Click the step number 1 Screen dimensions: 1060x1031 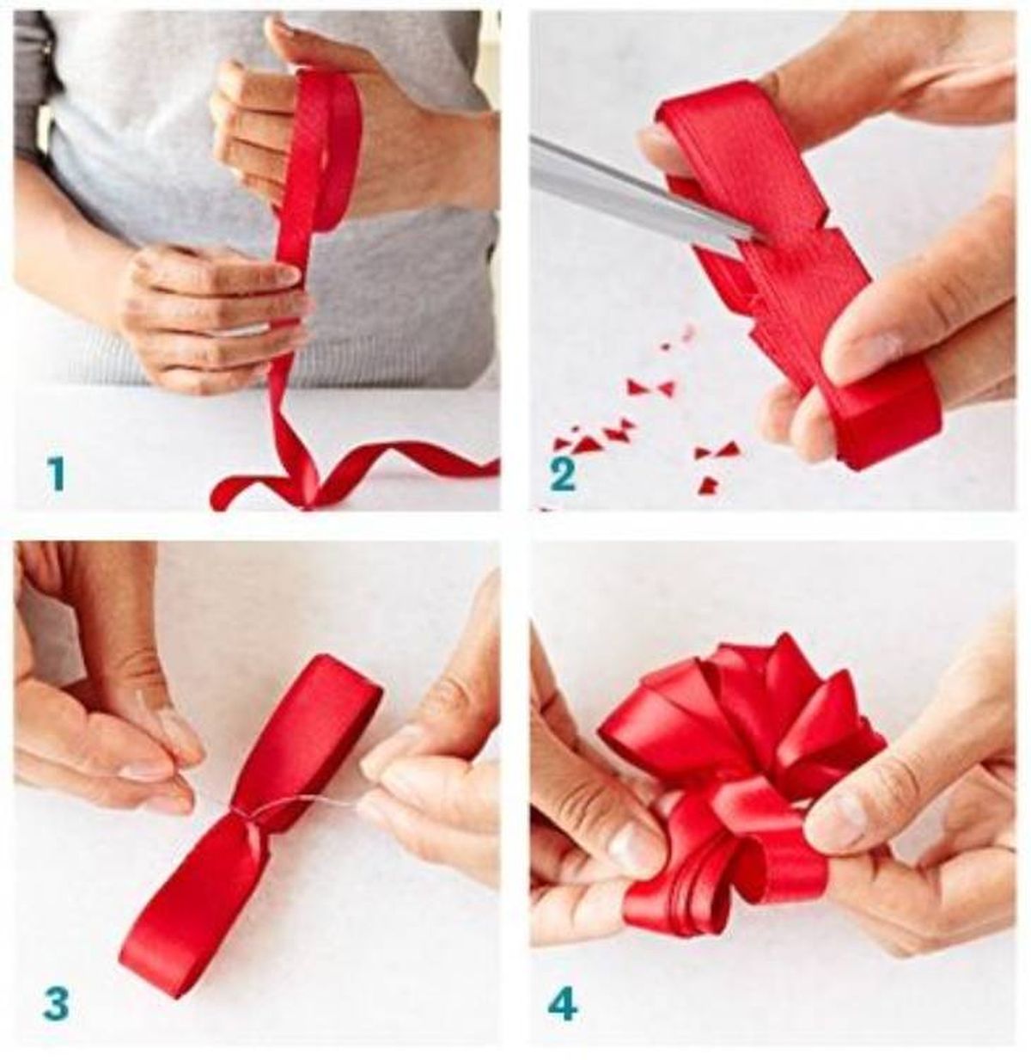(x=56, y=474)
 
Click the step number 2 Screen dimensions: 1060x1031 (x=563, y=475)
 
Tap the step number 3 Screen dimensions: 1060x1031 (x=56, y=1003)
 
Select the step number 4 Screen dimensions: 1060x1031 (x=564, y=1003)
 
